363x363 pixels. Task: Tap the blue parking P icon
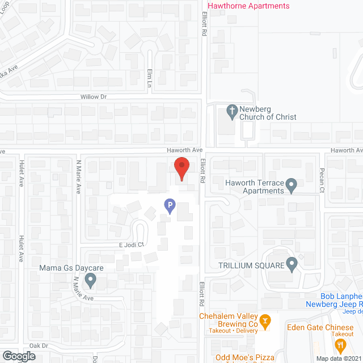pyautogui.click(x=169, y=206)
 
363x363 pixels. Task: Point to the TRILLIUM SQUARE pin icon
pyautogui.click(x=292, y=263)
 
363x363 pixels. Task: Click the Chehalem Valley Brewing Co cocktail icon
pyautogui.click(x=265, y=322)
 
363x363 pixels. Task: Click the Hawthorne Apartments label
pyautogui.click(x=249, y=6)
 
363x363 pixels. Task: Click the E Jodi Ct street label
pyautogui.click(x=132, y=245)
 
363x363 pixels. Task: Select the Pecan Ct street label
pyautogui.click(x=322, y=172)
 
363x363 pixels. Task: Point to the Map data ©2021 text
pyautogui.click(x=339, y=358)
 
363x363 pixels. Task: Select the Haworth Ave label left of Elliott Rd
pyautogui.click(x=184, y=150)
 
